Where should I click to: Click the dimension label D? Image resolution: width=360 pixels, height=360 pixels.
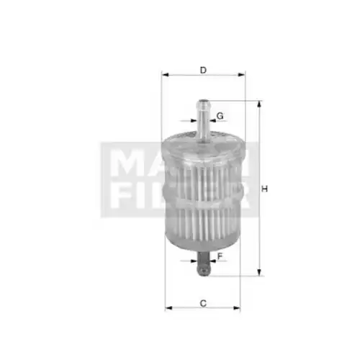pos(203,71)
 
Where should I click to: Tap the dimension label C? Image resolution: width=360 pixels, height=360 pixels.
pos(203,303)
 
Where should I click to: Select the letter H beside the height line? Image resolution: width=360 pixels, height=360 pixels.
pos(264,189)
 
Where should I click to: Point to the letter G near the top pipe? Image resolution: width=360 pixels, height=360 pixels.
pos(220,116)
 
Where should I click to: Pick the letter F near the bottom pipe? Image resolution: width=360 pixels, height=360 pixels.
pos(220,256)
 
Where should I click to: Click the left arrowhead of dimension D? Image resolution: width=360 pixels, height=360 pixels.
pos(166,75)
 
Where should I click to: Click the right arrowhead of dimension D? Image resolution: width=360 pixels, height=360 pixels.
pos(241,75)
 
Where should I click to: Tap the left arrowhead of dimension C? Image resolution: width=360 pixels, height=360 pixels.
pos(168,307)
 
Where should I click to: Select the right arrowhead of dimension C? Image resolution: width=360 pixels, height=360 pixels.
pos(236,307)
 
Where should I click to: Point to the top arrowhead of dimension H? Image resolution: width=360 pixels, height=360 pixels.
pos(259,105)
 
